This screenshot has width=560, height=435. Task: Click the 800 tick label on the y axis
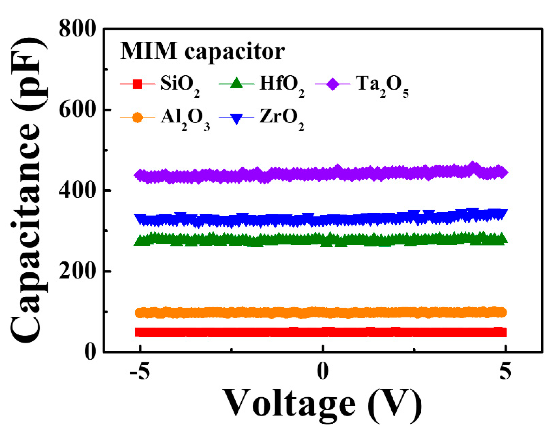[77, 29]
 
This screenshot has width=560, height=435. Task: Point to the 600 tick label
[77, 110]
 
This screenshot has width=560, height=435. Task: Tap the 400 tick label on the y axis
[77, 190]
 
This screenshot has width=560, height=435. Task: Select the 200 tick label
[77, 271]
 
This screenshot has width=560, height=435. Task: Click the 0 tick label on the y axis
[90, 352]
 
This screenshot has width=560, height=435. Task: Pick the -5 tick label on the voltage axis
[139, 371]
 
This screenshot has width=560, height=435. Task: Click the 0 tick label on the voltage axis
[323, 371]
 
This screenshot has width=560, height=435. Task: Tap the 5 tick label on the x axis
[505, 371]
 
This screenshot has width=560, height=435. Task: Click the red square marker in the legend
[137, 84]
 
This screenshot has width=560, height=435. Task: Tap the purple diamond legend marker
[333, 84]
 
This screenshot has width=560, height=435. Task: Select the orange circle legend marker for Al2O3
[137, 118]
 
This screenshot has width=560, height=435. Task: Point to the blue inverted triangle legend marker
[236, 119]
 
